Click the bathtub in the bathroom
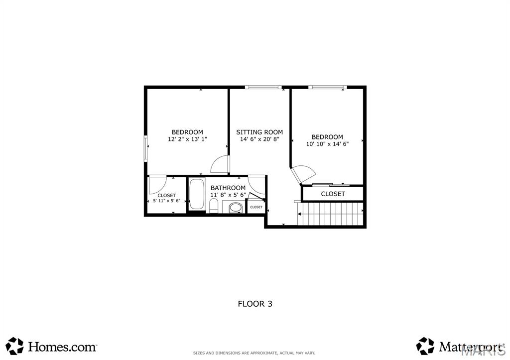[196, 195]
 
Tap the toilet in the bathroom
[214, 206]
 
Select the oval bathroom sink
[235, 207]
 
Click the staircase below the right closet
[331, 214]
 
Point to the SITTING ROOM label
[259, 132]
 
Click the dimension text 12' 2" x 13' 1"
[187, 140]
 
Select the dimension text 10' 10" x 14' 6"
[327, 144]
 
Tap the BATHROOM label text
[228, 188]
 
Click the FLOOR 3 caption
[255, 303]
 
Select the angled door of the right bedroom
[303, 174]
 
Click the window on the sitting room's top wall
[263, 88]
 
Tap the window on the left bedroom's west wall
[146, 148]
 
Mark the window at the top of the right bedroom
[327, 88]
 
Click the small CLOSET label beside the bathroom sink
[256, 207]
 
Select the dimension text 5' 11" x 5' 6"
[166, 201]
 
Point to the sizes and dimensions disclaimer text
[255, 353]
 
